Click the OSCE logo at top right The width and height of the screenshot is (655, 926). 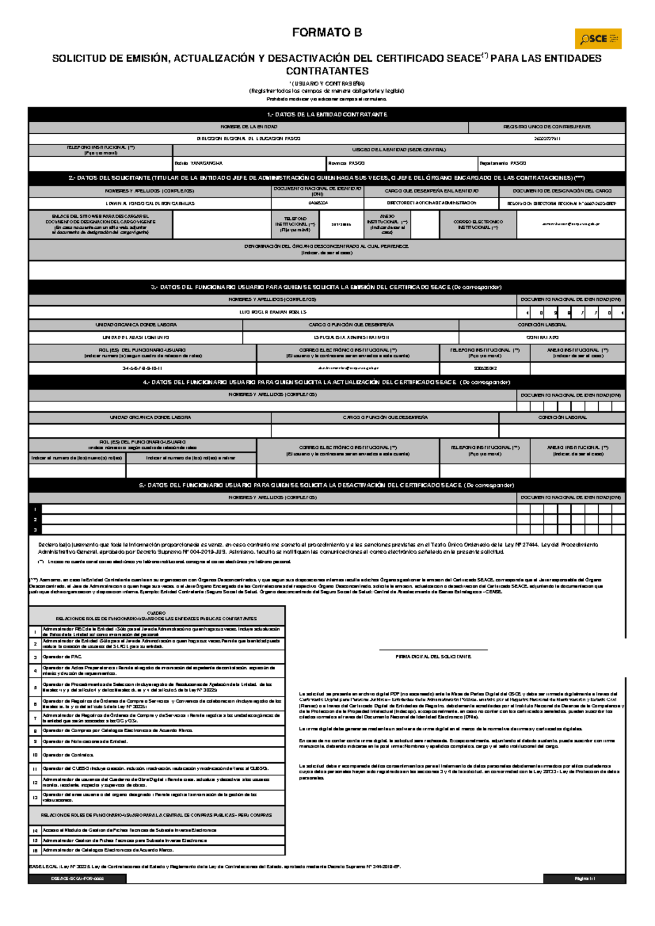point(598,39)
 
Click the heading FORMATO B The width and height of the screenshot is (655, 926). point(327,33)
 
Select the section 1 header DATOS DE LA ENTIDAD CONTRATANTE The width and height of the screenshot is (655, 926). point(327,115)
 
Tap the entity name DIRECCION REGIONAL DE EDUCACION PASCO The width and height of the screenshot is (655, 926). point(248,139)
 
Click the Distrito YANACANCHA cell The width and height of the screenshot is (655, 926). point(249,163)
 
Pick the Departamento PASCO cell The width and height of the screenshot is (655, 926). point(551,163)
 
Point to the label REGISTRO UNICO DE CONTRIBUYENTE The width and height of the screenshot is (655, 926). point(547,127)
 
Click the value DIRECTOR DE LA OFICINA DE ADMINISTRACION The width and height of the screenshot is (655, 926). point(431,203)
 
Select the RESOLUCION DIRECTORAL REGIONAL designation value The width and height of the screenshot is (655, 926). point(562,203)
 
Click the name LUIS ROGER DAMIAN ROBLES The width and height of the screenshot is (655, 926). point(273,312)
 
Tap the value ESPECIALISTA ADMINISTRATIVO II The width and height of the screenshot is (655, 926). point(351,337)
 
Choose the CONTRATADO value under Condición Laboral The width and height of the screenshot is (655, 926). point(542,337)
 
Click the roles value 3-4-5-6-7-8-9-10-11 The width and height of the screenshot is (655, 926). point(142,369)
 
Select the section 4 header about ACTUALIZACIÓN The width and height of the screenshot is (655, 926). point(327,382)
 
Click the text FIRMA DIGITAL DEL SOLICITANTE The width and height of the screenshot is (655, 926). point(433,657)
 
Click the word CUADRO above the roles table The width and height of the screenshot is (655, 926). point(157,613)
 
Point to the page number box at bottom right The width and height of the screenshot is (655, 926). point(584,879)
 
